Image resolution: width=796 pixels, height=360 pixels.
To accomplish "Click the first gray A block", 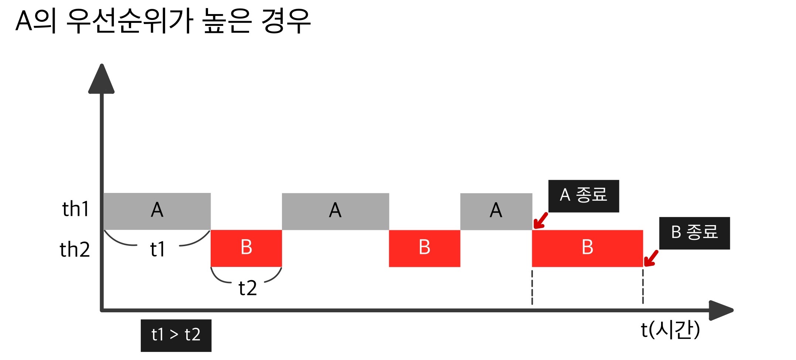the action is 157,211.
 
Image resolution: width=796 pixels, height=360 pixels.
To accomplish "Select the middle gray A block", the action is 335,211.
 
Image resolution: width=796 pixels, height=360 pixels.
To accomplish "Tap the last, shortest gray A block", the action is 496,211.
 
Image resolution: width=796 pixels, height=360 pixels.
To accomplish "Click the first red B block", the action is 246,248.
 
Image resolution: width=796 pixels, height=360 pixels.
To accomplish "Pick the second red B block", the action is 424,248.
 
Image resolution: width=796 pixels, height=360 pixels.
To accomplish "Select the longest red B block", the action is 587,248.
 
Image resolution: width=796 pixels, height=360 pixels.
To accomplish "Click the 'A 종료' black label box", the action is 584,196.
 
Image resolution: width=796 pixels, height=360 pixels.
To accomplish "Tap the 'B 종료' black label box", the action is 694,233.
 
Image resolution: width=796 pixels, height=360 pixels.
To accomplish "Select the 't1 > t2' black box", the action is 176,335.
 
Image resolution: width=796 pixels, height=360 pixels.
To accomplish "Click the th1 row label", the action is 76,209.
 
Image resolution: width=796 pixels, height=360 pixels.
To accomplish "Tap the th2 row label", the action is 75,249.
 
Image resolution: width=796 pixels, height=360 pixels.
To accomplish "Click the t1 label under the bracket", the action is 158,249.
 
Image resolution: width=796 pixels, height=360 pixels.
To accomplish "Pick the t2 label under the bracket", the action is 248,288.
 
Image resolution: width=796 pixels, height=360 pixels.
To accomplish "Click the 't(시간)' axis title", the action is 670,330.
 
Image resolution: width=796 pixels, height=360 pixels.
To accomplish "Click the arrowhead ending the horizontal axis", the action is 721,310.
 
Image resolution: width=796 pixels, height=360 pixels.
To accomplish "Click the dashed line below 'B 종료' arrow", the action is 643,286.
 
